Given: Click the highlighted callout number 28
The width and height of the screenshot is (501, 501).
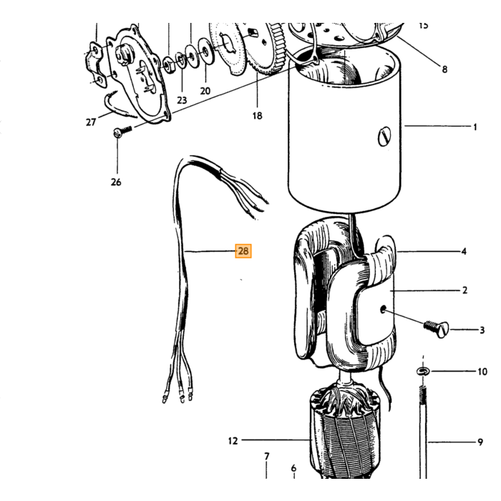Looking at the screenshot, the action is (x=243, y=250).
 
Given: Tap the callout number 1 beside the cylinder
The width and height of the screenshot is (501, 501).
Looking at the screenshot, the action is (x=475, y=127).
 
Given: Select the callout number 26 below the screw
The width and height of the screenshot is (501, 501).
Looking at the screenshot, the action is (x=116, y=182).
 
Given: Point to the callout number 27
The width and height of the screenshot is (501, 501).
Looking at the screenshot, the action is (x=91, y=122).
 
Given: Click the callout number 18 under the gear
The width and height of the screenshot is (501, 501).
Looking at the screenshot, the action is (x=257, y=116).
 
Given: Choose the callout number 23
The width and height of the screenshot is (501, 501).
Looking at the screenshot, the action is (x=182, y=100).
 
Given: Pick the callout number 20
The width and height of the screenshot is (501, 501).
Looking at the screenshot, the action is (x=205, y=91).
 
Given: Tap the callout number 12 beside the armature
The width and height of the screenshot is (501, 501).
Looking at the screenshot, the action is (x=233, y=441).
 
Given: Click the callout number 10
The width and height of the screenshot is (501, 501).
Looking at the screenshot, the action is (x=482, y=371).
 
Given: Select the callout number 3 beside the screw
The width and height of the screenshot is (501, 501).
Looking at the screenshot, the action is (x=482, y=330).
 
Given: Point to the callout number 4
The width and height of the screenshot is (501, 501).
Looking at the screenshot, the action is (x=464, y=251).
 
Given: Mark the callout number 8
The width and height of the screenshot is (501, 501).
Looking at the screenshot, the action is (x=444, y=69).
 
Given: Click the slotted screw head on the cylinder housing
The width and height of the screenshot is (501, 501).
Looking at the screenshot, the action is (x=384, y=137).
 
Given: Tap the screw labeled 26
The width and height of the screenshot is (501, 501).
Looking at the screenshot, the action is (x=123, y=131).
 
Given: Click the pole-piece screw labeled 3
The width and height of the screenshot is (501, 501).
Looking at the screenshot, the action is (x=437, y=329).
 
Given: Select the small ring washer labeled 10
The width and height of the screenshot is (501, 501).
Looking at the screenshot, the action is (x=424, y=371).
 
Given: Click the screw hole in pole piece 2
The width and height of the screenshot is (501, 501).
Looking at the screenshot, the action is (x=383, y=309).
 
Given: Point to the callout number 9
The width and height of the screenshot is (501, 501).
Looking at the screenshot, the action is (x=480, y=442).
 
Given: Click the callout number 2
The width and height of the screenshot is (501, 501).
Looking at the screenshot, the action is (x=465, y=290).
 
